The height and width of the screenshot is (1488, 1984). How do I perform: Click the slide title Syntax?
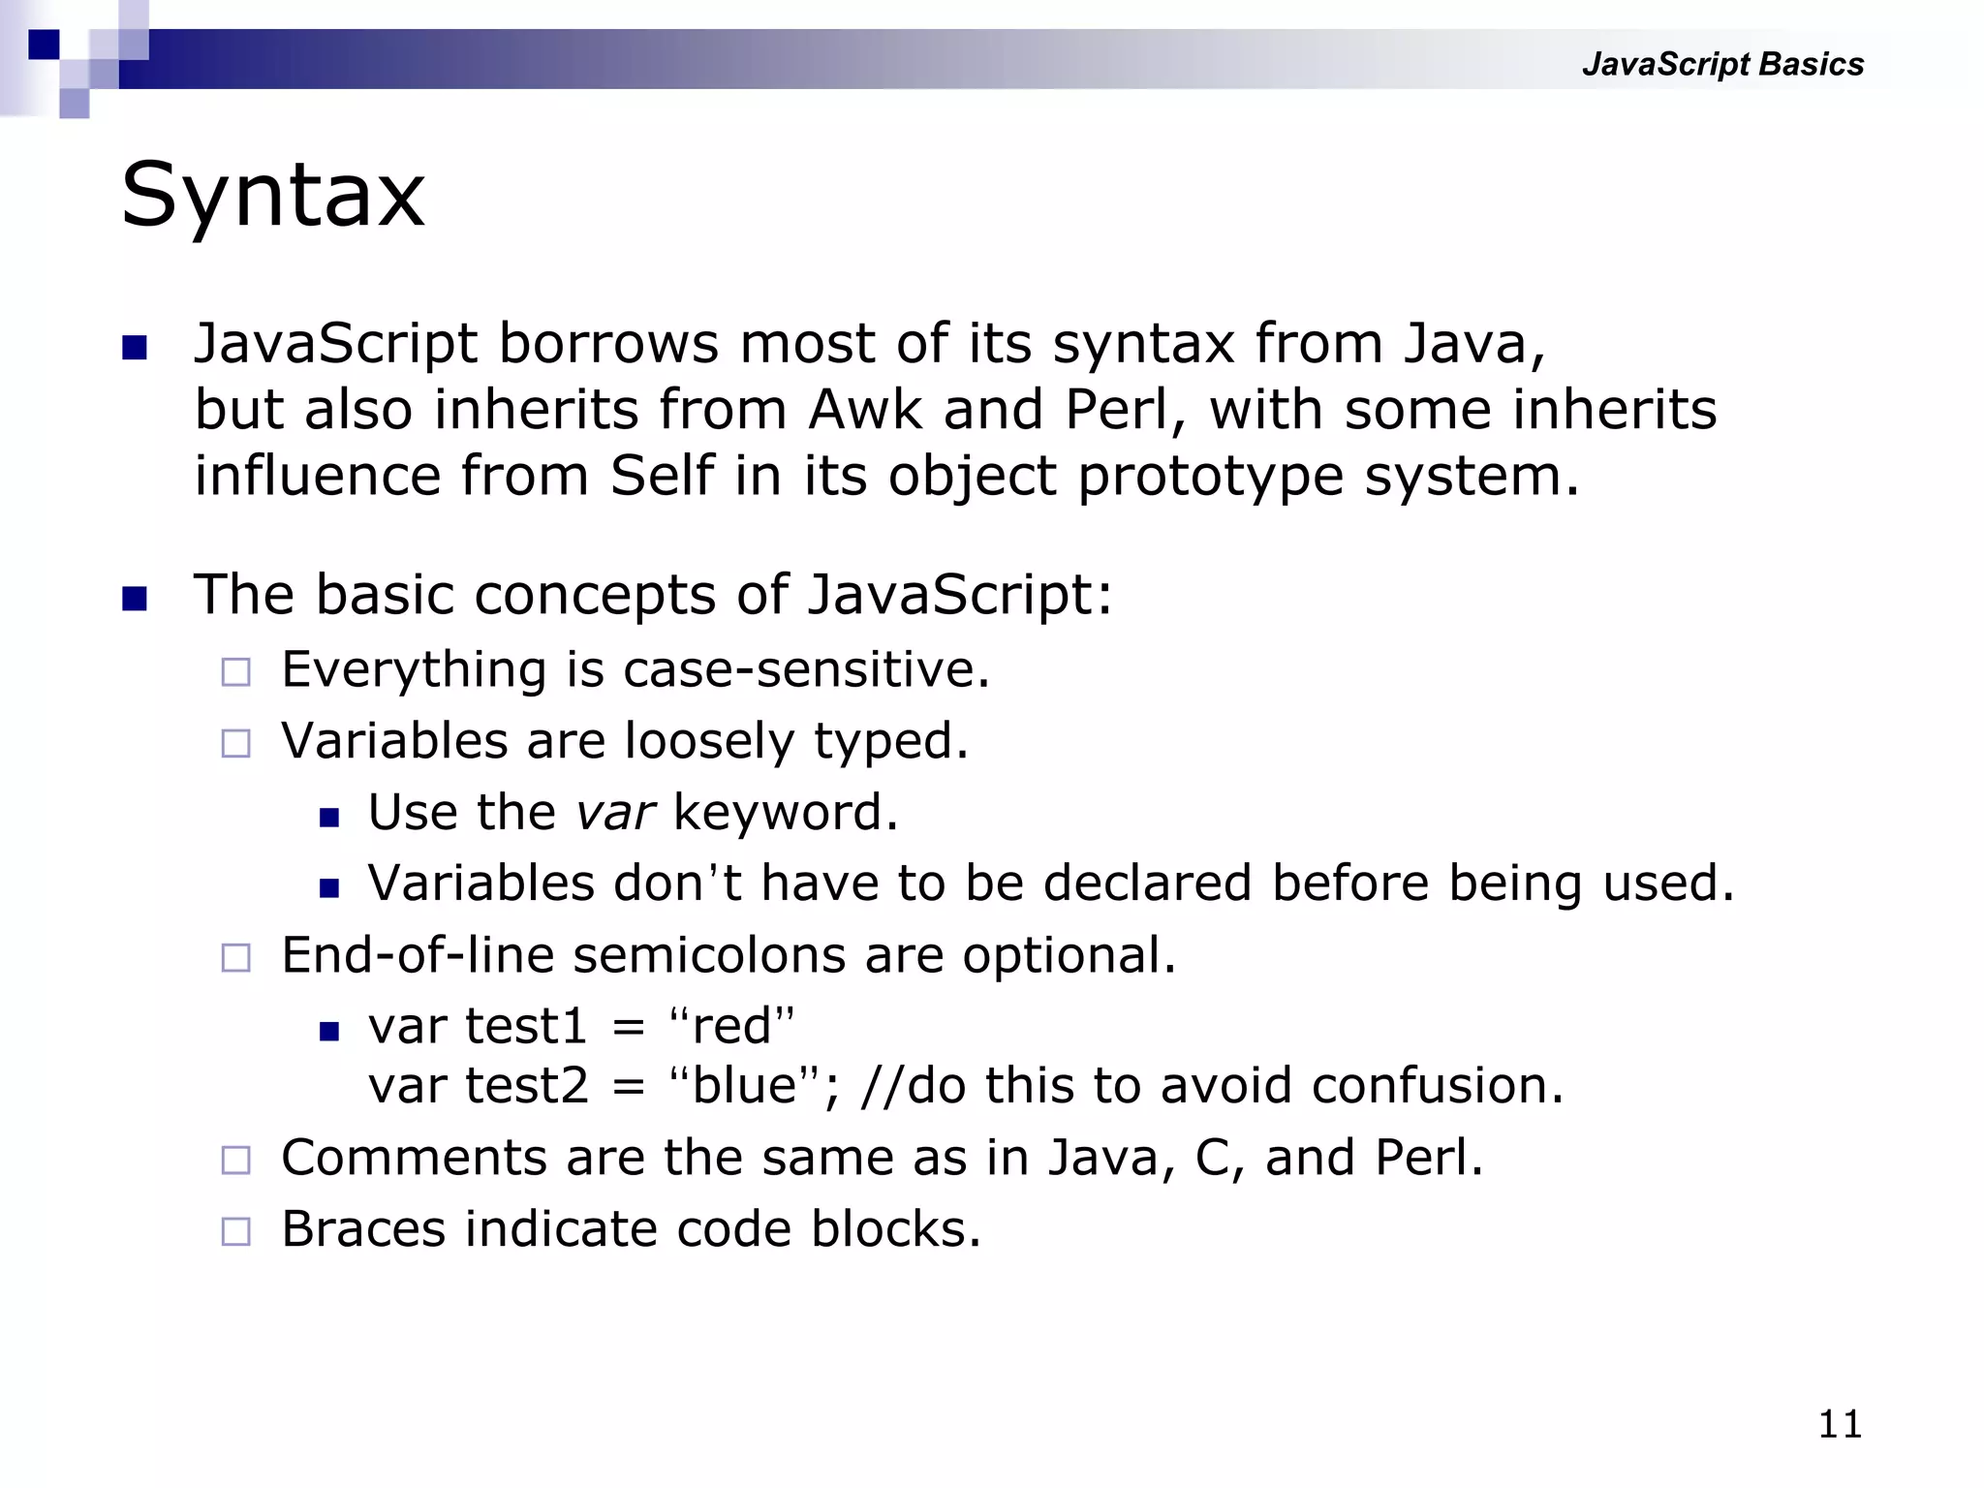pos(272,197)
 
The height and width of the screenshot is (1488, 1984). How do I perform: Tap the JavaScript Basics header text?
pos(1721,64)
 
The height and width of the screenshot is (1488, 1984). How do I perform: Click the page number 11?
pos(1840,1424)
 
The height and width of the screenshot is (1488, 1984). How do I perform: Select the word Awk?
pos(865,410)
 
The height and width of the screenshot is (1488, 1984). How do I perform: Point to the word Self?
pos(662,476)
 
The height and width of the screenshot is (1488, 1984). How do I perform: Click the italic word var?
pos(615,812)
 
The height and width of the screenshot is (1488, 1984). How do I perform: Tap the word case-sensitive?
pos(806,669)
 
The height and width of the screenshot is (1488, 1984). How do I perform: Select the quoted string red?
pos(731,1026)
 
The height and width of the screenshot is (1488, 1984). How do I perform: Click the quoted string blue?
pos(744,1085)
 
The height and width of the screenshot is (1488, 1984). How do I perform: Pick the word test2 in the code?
pos(526,1085)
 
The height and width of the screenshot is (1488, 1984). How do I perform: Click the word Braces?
pos(363,1229)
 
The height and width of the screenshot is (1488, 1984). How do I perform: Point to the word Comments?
pos(414,1158)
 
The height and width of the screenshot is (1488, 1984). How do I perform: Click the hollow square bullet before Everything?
pos(235,671)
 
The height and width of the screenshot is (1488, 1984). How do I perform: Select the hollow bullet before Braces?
pos(235,1231)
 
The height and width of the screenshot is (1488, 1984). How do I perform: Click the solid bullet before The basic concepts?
pos(135,598)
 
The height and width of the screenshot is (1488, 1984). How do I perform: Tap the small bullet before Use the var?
pos(329,817)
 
